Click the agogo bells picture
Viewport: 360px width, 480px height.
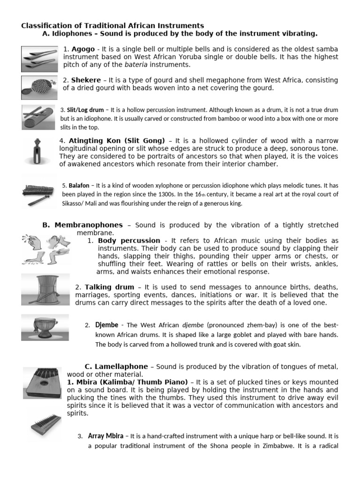[x=39, y=59]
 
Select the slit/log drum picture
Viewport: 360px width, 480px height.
[x=39, y=117]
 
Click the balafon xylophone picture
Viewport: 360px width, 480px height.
[x=39, y=193]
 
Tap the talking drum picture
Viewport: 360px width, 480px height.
[x=45, y=289]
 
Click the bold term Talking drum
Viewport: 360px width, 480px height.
[x=109, y=287]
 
